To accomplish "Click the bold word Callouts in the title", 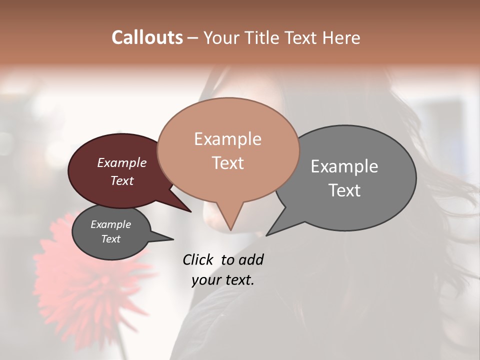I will (147, 37).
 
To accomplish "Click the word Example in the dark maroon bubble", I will (121, 163).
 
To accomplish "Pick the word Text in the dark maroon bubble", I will (121, 180).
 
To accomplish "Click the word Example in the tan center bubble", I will (227, 139).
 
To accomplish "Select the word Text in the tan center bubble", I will (227, 163).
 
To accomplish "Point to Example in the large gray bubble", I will (344, 166).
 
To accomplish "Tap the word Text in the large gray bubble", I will (344, 190).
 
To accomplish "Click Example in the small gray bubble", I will (110, 224).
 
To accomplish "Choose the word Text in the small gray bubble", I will (110, 239).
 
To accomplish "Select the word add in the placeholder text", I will (251, 259).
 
